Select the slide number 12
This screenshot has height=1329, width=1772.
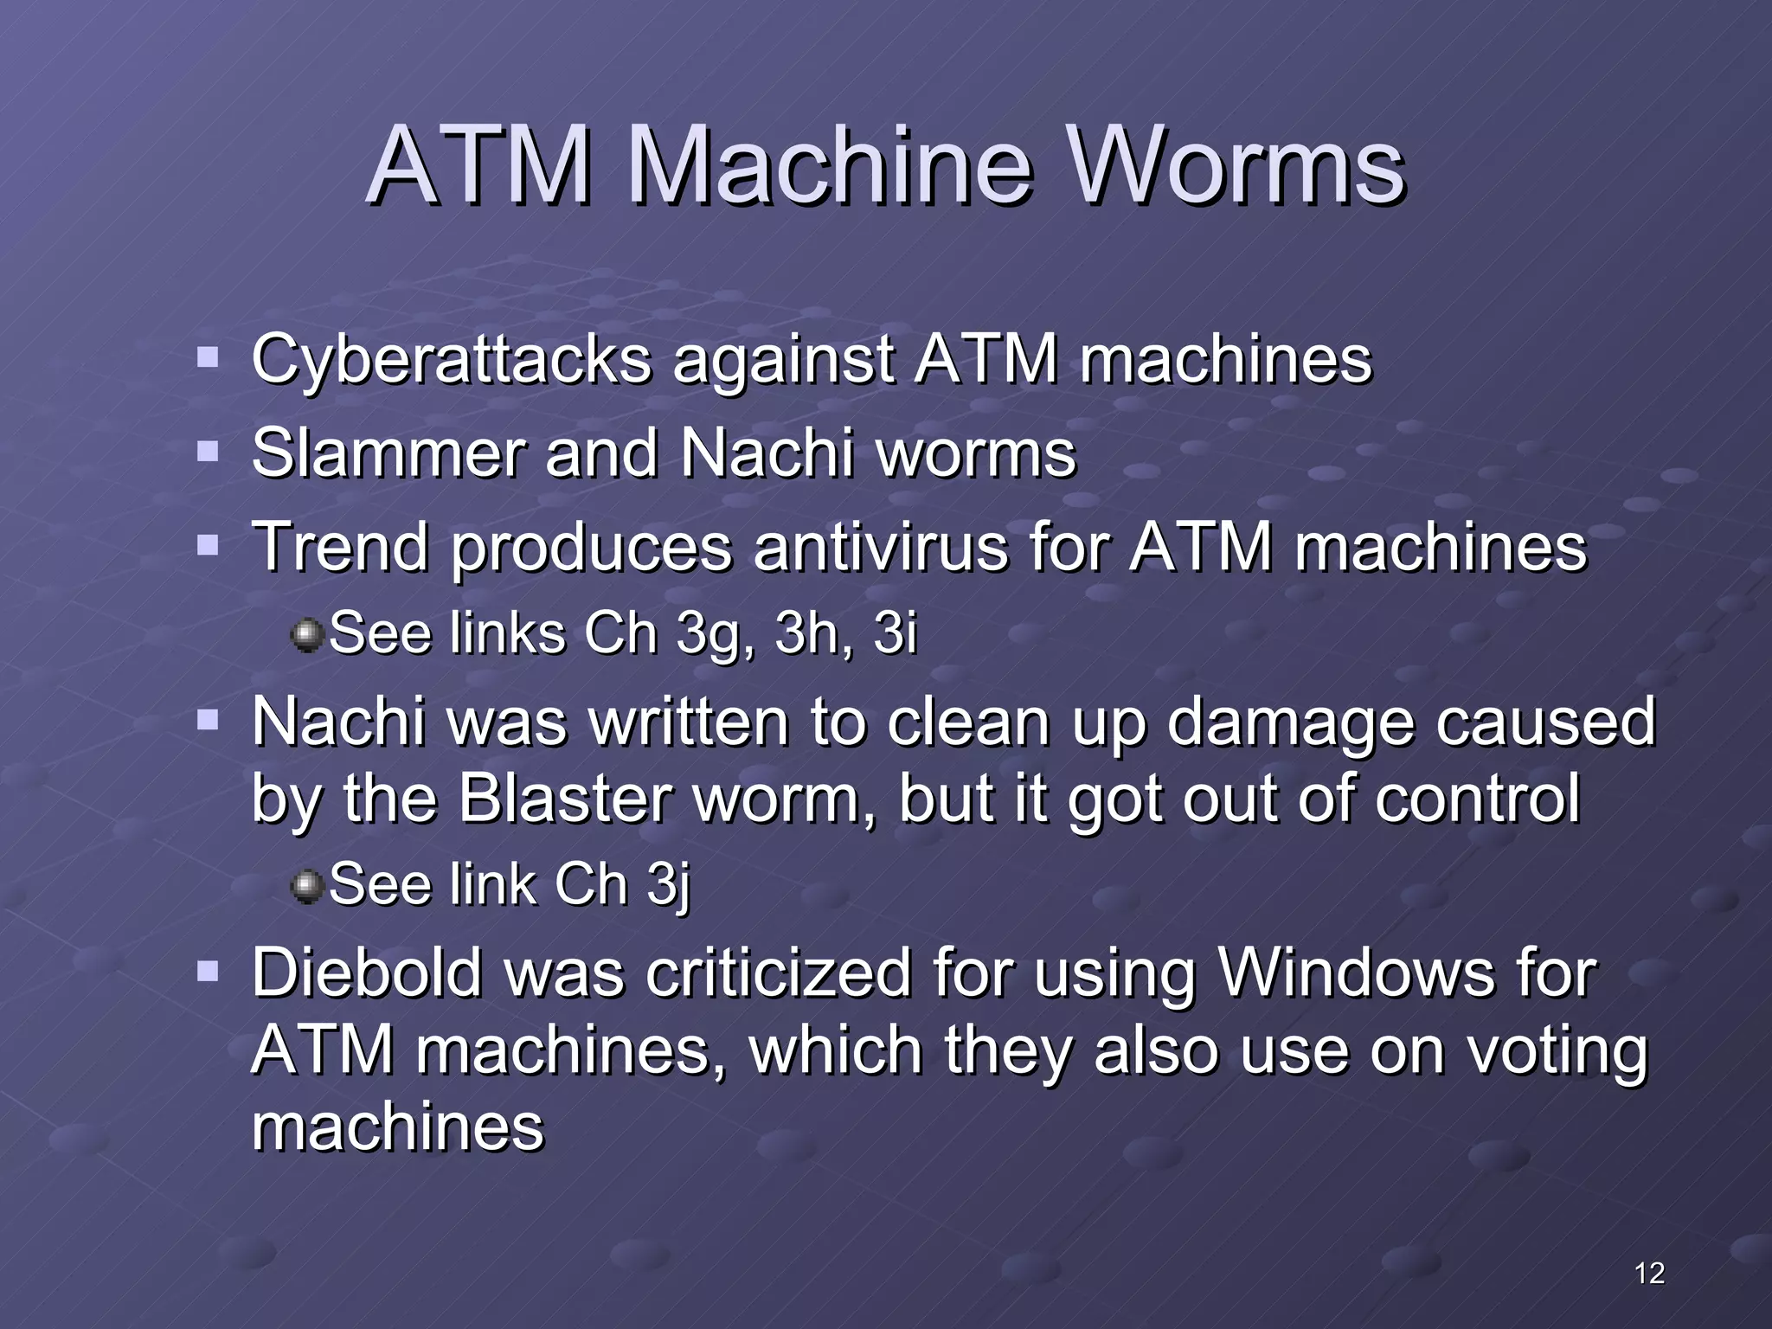click(x=1649, y=1273)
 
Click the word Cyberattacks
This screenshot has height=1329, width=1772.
click(x=451, y=360)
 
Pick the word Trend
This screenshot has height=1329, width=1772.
click(x=339, y=548)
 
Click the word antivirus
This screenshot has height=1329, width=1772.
click(x=880, y=548)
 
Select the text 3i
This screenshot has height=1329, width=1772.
click(x=895, y=632)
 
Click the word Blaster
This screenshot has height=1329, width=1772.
click(x=566, y=798)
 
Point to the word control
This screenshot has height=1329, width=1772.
click(x=1477, y=798)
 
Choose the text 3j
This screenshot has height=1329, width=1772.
click(x=668, y=886)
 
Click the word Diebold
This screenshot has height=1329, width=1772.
click(x=366, y=973)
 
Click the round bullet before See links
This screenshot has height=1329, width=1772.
click(x=306, y=634)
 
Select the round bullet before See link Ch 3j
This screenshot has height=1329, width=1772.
click(x=306, y=886)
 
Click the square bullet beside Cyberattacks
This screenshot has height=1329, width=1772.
click(x=208, y=357)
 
